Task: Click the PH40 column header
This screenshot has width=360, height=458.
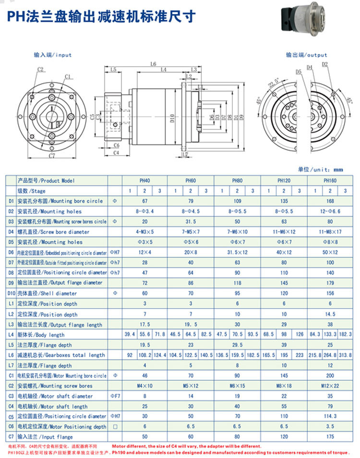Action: pyautogui.click(x=144, y=181)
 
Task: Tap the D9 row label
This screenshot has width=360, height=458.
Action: pyautogui.click(x=11, y=283)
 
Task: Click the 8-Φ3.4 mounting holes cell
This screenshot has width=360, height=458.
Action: pyautogui.click(x=144, y=211)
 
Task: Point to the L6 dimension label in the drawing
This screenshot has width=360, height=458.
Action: pyautogui.click(x=153, y=64)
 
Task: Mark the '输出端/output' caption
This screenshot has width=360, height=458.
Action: pyautogui.click(x=306, y=55)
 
